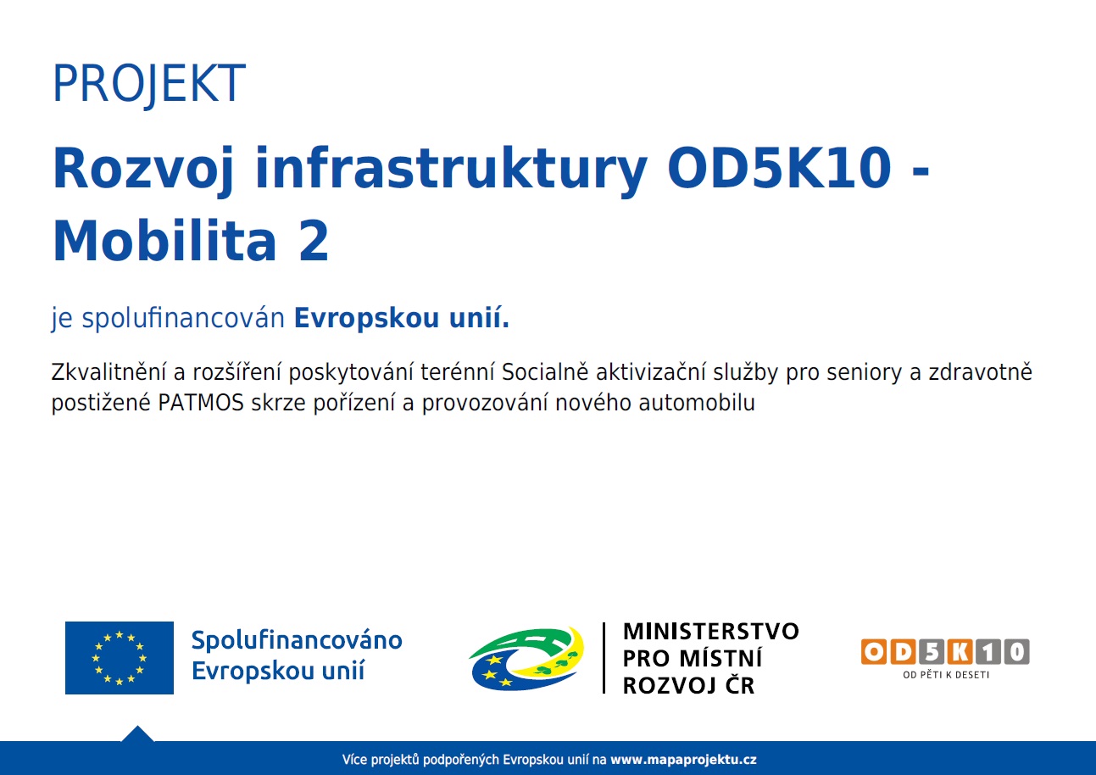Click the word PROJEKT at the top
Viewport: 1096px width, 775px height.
(x=148, y=84)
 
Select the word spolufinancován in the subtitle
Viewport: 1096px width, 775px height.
(x=183, y=319)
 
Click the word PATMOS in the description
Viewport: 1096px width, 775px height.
(x=201, y=403)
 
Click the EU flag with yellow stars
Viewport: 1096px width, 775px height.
(x=120, y=657)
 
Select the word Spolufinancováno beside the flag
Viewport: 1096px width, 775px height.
(x=297, y=641)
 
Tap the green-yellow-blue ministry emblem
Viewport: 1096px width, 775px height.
(x=526, y=659)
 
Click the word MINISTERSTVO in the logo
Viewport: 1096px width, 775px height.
(x=711, y=632)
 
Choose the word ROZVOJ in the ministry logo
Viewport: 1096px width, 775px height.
(x=669, y=685)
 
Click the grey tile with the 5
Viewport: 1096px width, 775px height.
(x=931, y=651)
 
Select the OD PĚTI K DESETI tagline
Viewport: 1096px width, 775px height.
(x=946, y=675)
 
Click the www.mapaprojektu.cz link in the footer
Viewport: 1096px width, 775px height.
(x=683, y=760)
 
